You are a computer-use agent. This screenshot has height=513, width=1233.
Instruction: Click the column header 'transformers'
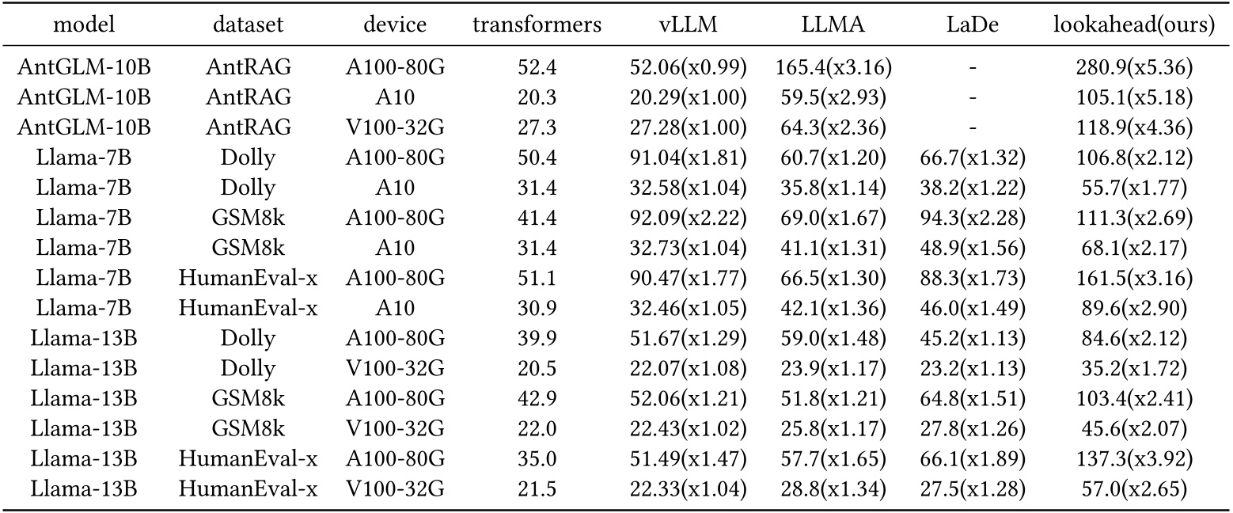pyautogui.click(x=537, y=25)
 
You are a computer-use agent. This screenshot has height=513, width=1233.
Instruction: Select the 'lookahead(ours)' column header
pyautogui.click(x=1134, y=25)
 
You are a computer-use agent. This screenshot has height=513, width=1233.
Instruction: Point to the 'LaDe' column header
pyautogui.click(x=973, y=25)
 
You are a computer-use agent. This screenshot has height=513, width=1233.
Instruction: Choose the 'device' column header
pyautogui.click(x=395, y=25)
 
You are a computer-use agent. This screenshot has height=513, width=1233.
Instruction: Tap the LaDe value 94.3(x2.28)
pyautogui.click(x=973, y=217)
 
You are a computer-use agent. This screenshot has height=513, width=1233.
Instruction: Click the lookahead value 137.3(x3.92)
pyautogui.click(x=1134, y=459)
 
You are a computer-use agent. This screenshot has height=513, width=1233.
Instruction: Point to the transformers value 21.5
pyautogui.click(x=537, y=489)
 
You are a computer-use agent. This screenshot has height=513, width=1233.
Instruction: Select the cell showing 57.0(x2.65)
pyautogui.click(x=1134, y=489)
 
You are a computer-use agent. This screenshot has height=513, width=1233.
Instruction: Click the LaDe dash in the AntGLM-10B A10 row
pyautogui.click(x=973, y=97)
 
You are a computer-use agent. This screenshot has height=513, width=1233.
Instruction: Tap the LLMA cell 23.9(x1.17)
pyautogui.click(x=834, y=369)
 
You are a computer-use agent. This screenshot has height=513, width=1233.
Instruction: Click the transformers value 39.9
pyautogui.click(x=537, y=339)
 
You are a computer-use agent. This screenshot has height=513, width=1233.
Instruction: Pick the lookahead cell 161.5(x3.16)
pyautogui.click(x=1134, y=279)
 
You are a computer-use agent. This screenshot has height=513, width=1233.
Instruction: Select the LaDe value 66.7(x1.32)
pyautogui.click(x=973, y=158)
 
